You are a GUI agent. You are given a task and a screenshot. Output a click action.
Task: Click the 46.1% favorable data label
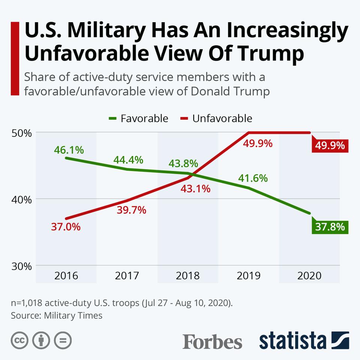[69, 150]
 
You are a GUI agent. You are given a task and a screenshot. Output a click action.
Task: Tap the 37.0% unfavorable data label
[66, 227]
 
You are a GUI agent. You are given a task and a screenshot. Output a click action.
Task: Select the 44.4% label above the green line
[128, 160]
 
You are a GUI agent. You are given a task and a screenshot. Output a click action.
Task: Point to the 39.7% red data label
[131, 210]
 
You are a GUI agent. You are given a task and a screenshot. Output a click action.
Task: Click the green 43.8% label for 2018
[183, 164]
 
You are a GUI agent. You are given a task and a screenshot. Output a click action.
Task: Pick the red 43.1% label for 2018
[195, 189]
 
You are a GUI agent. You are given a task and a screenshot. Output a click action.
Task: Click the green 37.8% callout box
[330, 227]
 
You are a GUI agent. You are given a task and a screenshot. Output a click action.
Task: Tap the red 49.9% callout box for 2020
[330, 145]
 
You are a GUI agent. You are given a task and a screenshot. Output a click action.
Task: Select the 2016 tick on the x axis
[66, 276]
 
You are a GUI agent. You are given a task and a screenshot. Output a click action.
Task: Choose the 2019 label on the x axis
[249, 276]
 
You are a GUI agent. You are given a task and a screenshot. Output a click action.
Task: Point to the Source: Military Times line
[57, 315]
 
